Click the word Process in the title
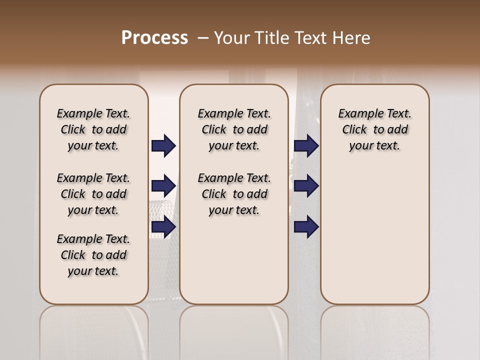[154, 37]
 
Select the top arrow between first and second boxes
[163, 146]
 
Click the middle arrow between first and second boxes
[163, 186]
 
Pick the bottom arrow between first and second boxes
[163, 227]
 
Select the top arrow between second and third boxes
[306, 146]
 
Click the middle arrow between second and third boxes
[306, 186]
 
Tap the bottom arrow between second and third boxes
[306, 227]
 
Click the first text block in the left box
[93, 129]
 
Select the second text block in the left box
[93, 194]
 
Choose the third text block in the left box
[93, 255]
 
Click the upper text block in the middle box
[234, 129]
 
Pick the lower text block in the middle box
[234, 194]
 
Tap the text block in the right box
[374, 129]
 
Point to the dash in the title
[202, 37]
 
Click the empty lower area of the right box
[374, 235]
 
